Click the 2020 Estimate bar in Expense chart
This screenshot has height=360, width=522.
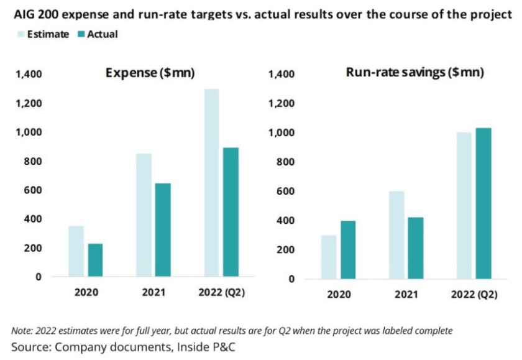pos(76,251)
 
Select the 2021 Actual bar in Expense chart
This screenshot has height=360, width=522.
pos(162,230)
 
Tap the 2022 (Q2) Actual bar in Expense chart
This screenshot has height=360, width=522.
pos(231,212)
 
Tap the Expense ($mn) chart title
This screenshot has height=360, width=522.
pos(150,73)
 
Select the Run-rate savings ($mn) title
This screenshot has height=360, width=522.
pos(414,72)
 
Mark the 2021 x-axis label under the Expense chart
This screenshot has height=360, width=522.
pos(152,292)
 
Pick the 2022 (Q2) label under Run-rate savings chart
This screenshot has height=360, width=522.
pos(475,294)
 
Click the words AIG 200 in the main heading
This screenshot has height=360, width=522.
pos(31,14)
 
